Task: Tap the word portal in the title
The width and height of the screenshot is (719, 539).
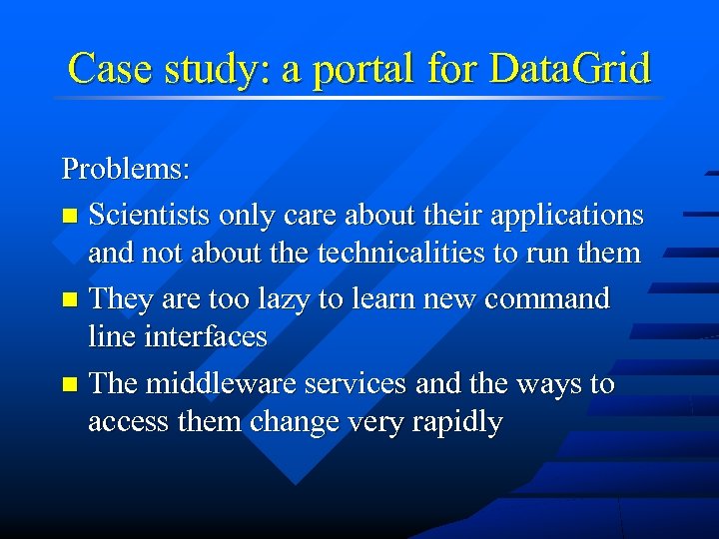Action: pos(364,69)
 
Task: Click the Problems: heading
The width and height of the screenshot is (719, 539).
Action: pos(126,169)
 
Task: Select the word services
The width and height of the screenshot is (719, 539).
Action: pos(357,384)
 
